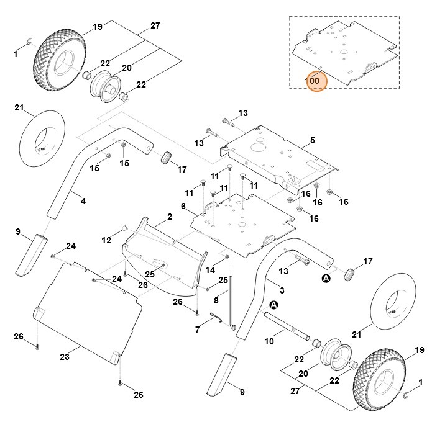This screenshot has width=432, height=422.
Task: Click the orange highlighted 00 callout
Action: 315,80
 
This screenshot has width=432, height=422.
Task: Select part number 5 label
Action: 313,140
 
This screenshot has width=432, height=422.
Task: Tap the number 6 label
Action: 183,205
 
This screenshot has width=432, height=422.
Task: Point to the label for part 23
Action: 65,357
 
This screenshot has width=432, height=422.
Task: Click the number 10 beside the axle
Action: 269,340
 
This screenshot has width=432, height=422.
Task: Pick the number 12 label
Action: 106,240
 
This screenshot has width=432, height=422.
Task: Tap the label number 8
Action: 216,300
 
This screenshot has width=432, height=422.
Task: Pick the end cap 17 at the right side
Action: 351,274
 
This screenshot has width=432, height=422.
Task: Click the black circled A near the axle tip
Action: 274,305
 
